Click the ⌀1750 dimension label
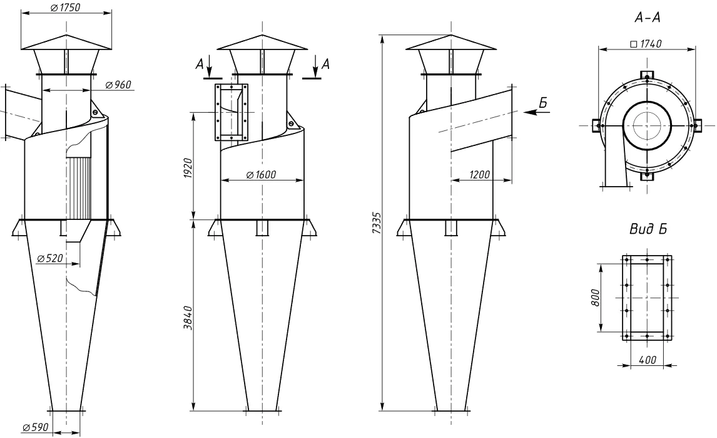66,8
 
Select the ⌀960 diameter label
118,85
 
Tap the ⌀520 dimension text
50,258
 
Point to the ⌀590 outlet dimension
35,427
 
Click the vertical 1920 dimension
188,168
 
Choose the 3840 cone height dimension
188,318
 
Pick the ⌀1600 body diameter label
261,175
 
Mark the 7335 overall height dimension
377,223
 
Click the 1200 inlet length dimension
479,175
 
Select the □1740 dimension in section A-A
646,44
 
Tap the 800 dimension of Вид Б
595,298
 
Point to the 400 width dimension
648,360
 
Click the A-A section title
648,18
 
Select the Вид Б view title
648,229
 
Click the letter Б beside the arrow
543,103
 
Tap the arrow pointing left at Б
536,112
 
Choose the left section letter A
200,65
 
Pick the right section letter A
325,64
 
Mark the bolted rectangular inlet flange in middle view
231,112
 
